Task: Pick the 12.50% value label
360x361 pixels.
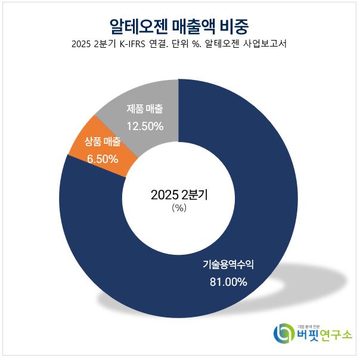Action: pyautogui.click(x=144, y=126)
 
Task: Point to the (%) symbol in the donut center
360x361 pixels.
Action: pyautogui.click(x=179, y=208)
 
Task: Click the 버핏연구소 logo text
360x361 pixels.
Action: pyautogui.click(x=322, y=337)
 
